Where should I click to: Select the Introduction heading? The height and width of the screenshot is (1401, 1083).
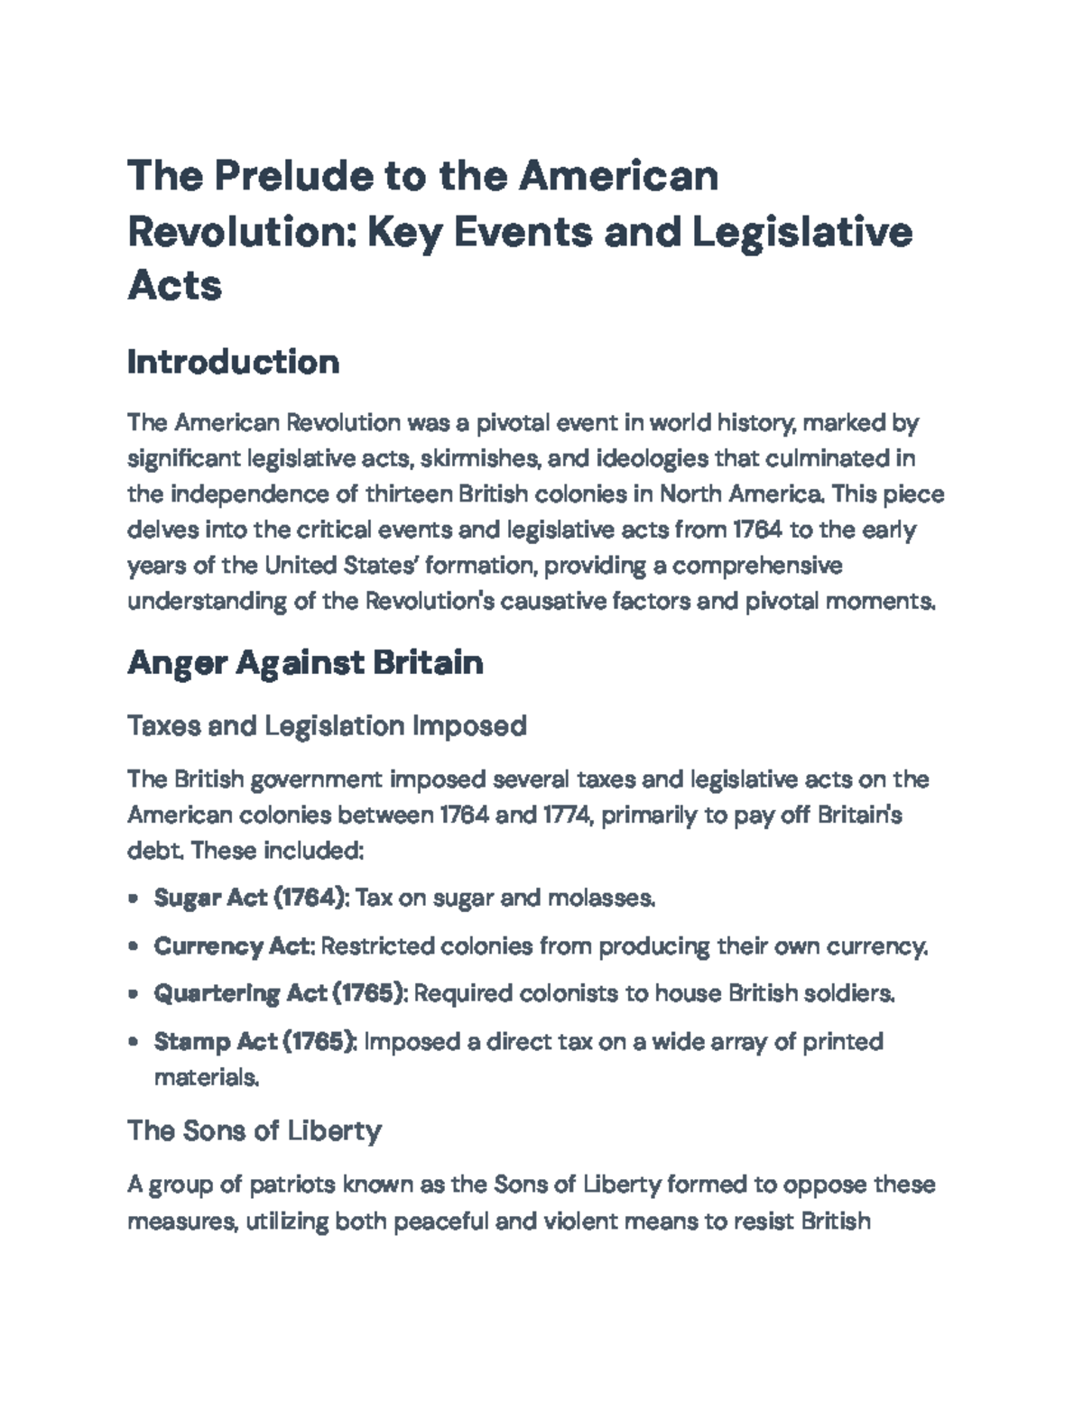(x=234, y=363)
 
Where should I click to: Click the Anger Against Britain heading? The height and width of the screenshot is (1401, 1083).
(x=305, y=663)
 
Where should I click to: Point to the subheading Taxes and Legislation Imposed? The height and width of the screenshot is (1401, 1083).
(x=327, y=725)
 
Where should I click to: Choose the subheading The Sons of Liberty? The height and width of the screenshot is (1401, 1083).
(x=255, y=1130)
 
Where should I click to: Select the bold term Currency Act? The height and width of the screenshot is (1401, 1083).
(x=233, y=946)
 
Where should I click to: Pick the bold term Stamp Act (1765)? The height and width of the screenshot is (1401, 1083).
(x=255, y=1042)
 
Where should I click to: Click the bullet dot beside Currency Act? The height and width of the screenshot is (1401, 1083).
(x=134, y=947)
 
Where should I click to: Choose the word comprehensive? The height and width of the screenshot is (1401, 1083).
(x=757, y=566)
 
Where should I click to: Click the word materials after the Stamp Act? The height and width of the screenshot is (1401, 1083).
(x=207, y=1077)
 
